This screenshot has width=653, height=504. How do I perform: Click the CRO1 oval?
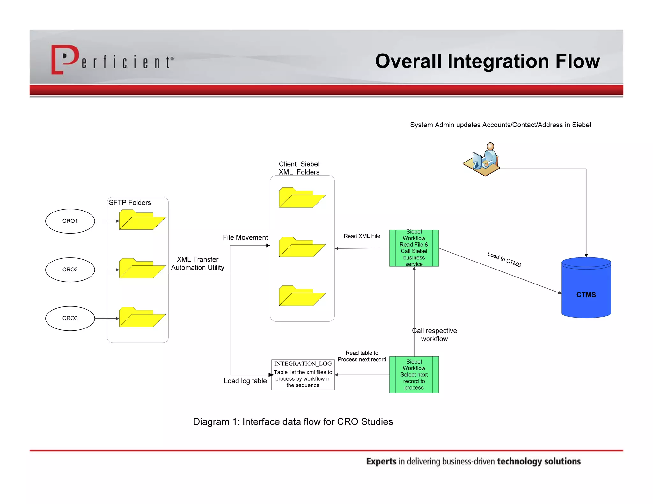[70, 221]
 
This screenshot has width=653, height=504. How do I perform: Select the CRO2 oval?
[70, 270]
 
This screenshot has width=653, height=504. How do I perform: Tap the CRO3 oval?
[70, 318]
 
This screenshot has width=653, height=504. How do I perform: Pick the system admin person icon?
[482, 159]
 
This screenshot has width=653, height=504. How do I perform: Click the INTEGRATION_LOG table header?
[303, 364]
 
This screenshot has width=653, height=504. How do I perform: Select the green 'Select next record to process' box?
[414, 375]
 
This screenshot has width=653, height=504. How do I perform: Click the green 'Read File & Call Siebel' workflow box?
[414, 248]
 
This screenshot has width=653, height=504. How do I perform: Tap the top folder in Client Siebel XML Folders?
[301, 198]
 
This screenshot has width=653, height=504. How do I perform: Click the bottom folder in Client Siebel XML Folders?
[301, 296]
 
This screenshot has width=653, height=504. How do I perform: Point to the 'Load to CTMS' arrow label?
[504, 259]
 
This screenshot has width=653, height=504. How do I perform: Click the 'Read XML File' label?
[362, 236]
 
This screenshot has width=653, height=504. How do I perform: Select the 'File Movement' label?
[245, 237]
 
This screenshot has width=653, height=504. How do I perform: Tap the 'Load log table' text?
[245, 381]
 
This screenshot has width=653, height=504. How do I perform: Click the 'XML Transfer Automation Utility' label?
[197, 263]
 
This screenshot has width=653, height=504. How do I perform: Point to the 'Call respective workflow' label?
[434, 335]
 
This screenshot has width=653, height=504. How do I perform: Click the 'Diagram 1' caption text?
[293, 421]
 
